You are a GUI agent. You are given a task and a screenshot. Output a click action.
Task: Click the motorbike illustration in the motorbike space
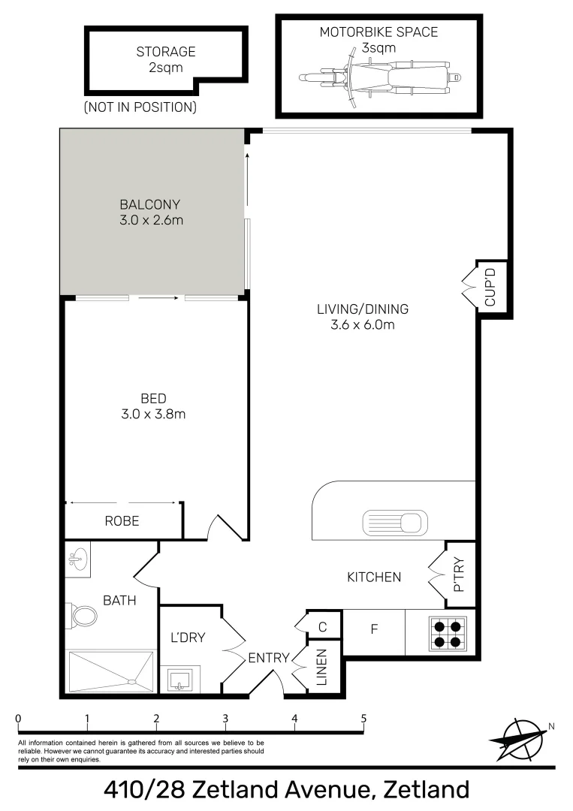point(378,77)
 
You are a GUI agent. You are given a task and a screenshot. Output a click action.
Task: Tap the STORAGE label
point(166,52)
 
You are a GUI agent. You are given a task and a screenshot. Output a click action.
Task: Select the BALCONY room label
point(150,204)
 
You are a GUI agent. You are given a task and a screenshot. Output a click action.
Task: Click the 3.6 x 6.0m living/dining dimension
point(362,324)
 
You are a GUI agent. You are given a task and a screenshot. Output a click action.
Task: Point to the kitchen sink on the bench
point(395,521)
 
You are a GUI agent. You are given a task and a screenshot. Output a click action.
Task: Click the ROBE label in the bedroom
point(122,520)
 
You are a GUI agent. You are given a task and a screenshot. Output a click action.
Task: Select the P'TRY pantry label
point(460,575)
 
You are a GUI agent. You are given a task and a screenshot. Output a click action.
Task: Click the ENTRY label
point(269,658)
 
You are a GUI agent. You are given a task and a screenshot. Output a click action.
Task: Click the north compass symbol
point(518,737)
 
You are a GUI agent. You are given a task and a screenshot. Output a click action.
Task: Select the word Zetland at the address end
point(426,790)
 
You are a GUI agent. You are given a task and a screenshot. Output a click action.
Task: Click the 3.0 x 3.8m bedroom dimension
point(152,414)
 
